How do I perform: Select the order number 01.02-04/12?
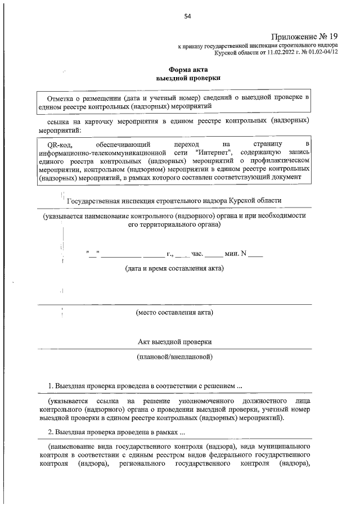319,52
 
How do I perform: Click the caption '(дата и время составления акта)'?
174,268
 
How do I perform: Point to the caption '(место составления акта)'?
174,312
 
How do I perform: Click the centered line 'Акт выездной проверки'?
174,341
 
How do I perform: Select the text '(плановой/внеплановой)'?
174,357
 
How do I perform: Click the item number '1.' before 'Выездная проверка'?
50,386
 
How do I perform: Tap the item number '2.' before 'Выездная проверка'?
50,433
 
